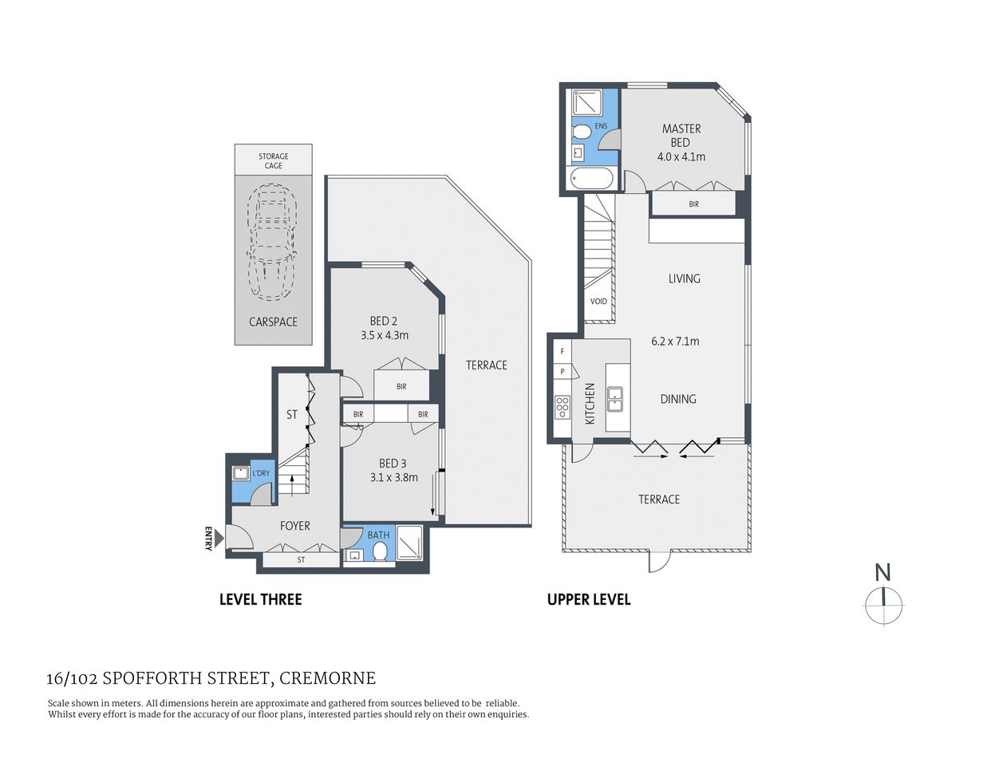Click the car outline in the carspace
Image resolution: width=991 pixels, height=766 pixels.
(272, 243)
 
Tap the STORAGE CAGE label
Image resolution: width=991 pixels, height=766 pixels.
(273, 161)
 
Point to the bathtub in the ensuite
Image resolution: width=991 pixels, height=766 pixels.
(591, 178)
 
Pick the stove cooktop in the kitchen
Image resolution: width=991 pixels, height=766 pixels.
(563, 407)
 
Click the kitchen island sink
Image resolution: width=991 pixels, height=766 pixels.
(615, 398)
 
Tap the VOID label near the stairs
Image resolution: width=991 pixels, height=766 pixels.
(598, 302)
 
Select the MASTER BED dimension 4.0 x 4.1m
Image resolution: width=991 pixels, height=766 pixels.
(681, 157)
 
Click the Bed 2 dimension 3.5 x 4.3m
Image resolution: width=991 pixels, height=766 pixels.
(384, 336)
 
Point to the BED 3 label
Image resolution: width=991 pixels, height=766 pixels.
(393, 464)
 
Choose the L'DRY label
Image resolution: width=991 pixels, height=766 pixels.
(261, 473)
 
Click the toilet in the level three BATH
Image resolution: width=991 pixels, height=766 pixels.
(379, 552)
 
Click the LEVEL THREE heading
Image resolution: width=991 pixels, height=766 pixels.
(260, 599)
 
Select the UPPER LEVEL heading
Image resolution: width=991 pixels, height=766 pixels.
(588, 599)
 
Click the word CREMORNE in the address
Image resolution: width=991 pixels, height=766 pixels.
(327, 679)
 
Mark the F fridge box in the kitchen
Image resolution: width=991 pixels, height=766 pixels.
(562, 351)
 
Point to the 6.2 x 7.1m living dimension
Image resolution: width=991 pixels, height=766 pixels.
(675, 342)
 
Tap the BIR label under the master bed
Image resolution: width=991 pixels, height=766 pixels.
(693, 204)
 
